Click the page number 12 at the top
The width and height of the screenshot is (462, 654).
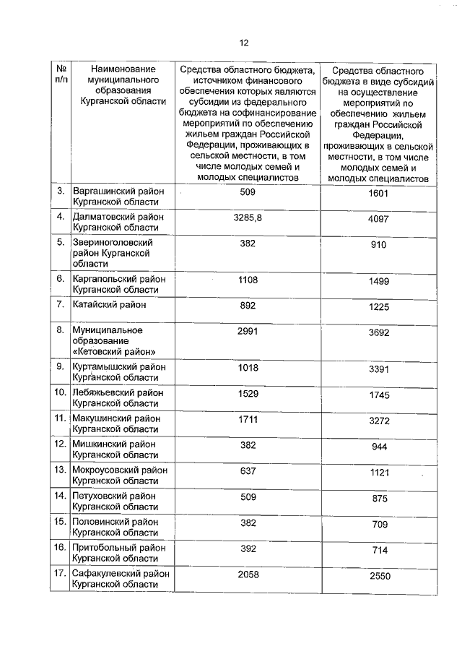(244, 43)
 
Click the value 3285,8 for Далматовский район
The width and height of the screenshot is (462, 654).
(248, 217)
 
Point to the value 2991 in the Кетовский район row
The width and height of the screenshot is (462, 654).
(248, 330)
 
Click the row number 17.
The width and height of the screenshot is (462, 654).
(61, 573)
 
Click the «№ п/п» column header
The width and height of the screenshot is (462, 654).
(61, 72)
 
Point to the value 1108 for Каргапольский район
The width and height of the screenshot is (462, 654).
(248, 278)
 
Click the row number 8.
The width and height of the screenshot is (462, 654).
(61, 330)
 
